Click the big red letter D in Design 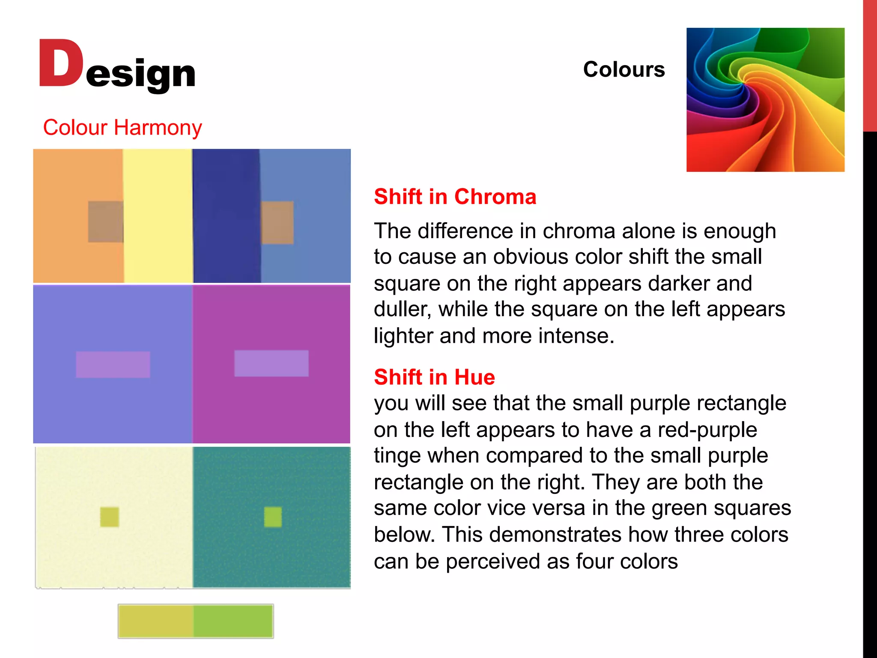click(61, 63)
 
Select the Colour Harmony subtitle click(122, 128)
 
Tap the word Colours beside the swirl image click(623, 69)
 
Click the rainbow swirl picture click(765, 100)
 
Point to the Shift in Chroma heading click(455, 197)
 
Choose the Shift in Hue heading click(434, 377)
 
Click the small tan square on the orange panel click(105, 221)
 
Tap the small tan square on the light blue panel click(277, 222)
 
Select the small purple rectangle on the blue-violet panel click(113, 365)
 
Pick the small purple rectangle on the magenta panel click(271, 363)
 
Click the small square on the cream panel click(110, 517)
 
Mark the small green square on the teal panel click(273, 517)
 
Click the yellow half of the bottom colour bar click(156, 621)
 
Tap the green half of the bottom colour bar click(233, 621)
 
